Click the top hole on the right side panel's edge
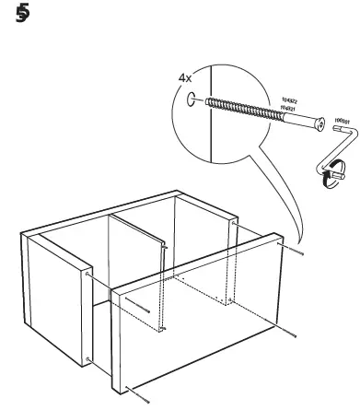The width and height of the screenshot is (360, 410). point(237,223)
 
